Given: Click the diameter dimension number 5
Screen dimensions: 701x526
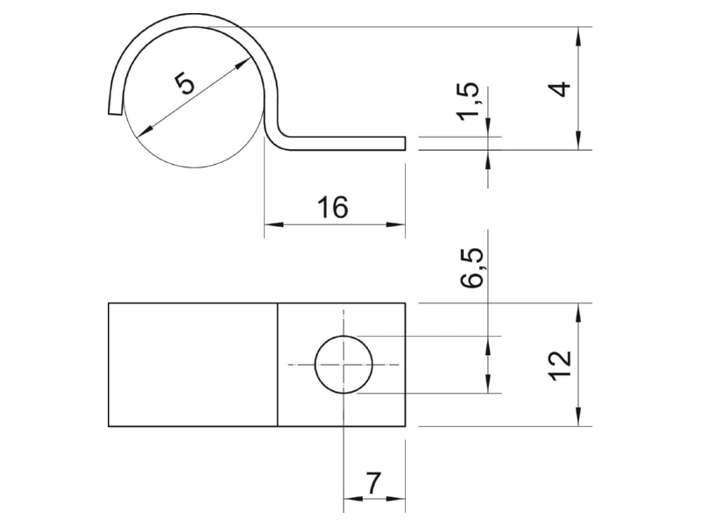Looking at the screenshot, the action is click(x=185, y=84).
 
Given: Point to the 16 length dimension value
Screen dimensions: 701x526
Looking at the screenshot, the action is click(x=333, y=207).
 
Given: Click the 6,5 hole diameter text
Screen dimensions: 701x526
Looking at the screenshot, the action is click(x=472, y=267).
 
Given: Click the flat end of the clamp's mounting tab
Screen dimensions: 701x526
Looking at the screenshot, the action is click(x=405, y=143).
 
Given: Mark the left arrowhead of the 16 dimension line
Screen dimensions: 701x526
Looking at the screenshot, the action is click(x=273, y=224).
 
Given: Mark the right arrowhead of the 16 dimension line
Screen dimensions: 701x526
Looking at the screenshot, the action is click(x=396, y=224).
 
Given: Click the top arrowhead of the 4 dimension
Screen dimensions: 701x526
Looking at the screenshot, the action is click(x=579, y=36).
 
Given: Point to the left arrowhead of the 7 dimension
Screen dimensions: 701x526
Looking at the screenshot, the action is click(x=353, y=499).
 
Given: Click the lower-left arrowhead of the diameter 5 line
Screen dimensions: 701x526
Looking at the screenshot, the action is click(x=145, y=131).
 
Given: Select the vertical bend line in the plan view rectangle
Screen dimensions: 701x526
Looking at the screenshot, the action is click(x=278, y=365).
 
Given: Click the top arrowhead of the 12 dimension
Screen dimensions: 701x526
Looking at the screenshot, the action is click(x=579, y=313).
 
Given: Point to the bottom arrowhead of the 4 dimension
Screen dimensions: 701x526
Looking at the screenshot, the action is click(x=579, y=140).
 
